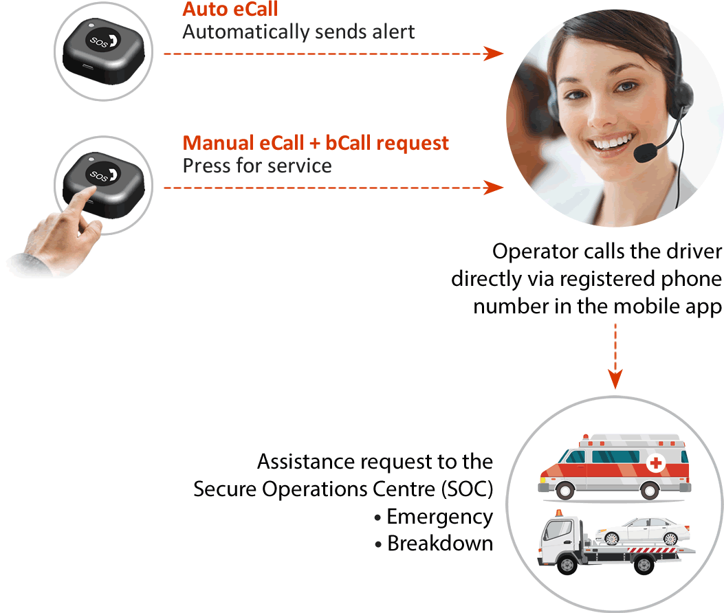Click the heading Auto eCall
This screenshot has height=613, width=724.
point(230,10)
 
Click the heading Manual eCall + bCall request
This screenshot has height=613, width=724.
point(316,143)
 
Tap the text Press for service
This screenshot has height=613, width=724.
point(257,166)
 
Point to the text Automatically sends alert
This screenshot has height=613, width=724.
point(298,32)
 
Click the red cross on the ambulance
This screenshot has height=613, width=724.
point(656,464)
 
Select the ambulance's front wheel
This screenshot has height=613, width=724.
point(565,490)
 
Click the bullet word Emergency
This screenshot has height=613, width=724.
point(439,517)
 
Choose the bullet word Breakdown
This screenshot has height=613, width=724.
point(440,544)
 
